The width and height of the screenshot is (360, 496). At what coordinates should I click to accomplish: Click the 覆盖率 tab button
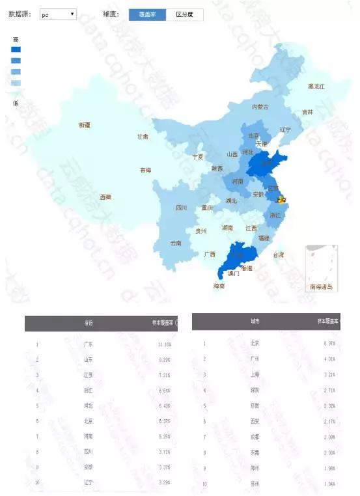(x=147, y=14)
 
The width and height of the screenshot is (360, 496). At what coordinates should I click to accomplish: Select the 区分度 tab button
(x=184, y=14)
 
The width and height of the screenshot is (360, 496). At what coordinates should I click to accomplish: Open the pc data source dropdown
(x=58, y=14)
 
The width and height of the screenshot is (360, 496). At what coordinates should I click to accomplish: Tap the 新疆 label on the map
(x=85, y=124)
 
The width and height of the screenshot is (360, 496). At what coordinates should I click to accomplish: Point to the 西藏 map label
(x=105, y=197)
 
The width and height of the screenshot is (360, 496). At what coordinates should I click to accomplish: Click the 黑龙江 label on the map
(x=316, y=87)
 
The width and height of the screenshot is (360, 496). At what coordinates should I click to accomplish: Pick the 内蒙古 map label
(x=260, y=107)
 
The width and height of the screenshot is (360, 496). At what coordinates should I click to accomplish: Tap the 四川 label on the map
(x=182, y=208)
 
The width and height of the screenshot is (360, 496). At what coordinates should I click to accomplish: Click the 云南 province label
(x=176, y=243)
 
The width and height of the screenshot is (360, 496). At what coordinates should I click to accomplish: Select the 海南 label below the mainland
(x=219, y=286)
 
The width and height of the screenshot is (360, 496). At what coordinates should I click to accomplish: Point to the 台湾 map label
(x=279, y=255)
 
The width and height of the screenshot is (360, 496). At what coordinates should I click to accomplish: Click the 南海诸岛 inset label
(x=321, y=286)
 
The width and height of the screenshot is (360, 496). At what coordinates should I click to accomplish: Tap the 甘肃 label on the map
(x=143, y=137)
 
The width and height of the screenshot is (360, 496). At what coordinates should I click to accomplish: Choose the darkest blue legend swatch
(x=16, y=49)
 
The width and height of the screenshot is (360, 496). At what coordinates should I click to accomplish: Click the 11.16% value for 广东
(x=163, y=344)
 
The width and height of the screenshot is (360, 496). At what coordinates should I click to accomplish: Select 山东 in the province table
(x=89, y=359)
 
